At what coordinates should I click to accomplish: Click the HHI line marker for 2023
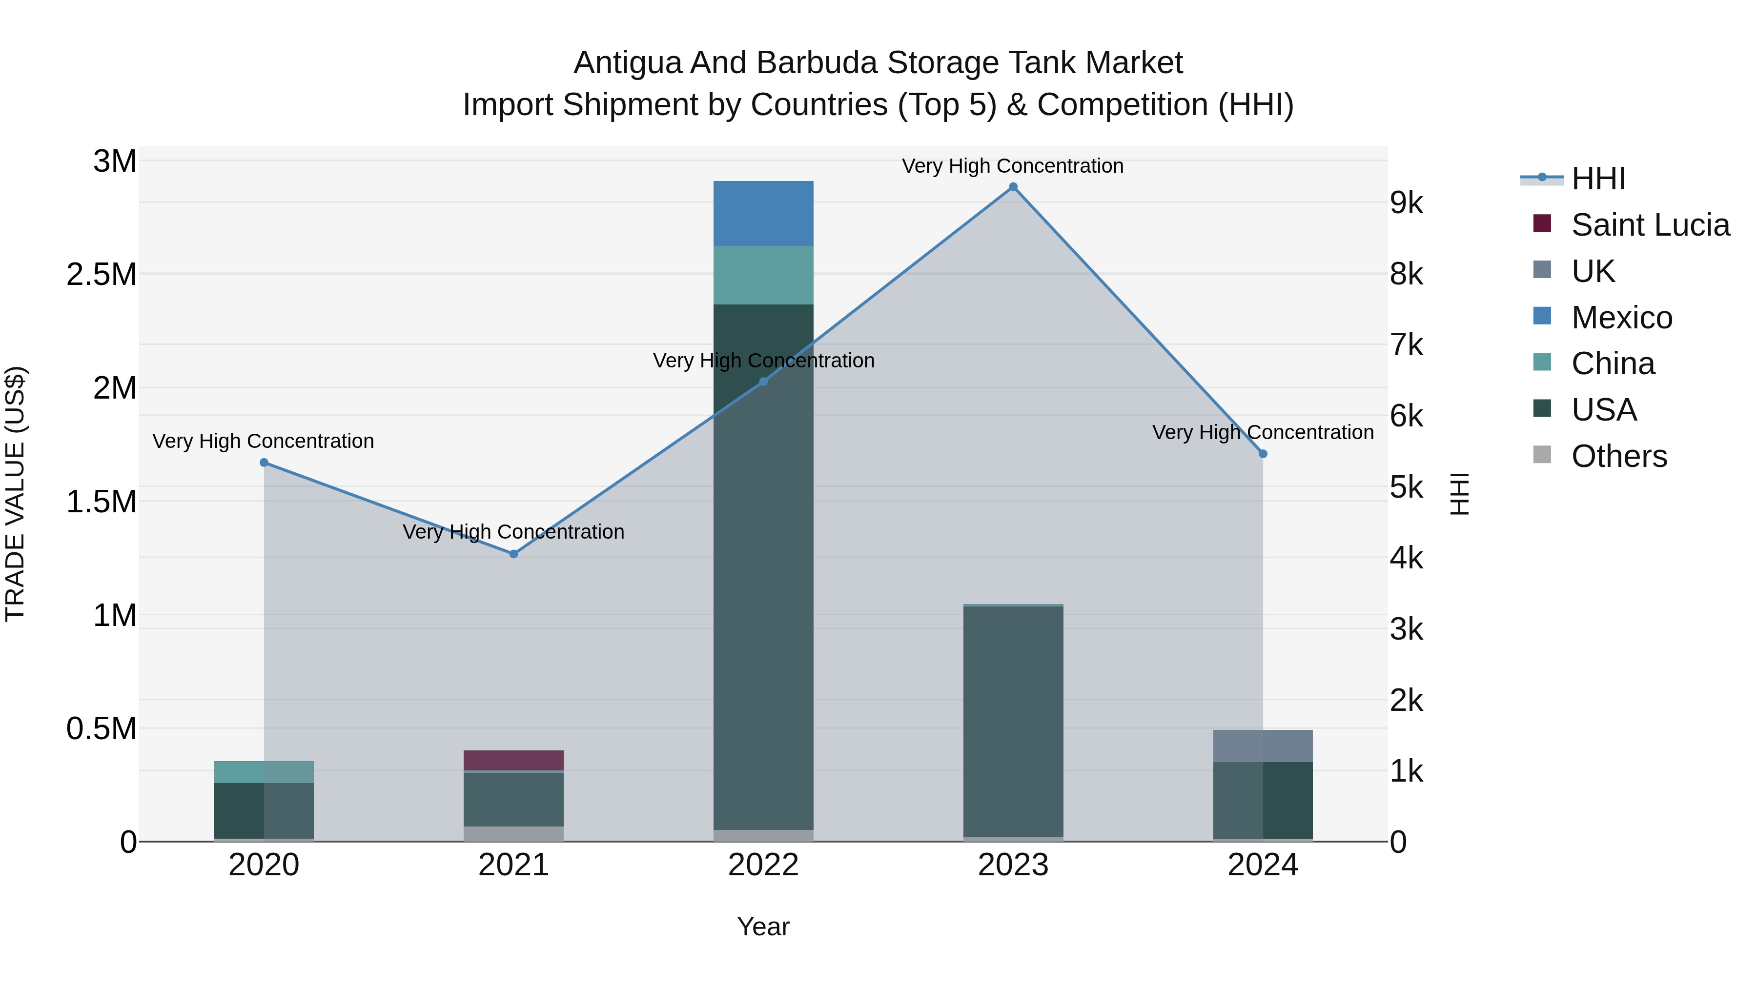coord(1013,187)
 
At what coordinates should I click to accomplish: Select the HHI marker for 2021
coord(513,554)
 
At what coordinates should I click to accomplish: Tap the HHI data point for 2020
coord(264,463)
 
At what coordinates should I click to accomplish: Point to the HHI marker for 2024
coord(1263,453)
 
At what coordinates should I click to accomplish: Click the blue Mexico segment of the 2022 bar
coord(763,213)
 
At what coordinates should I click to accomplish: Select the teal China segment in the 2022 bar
coord(763,275)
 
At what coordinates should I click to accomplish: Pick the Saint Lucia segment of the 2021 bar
coord(513,760)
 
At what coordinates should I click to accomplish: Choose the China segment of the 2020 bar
coord(264,772)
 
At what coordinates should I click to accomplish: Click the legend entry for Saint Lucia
coord(1650,225)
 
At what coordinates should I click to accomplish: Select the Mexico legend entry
coord(1621,318)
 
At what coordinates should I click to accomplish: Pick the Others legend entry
coord(1618,456)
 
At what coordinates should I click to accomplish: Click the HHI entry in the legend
coord(1598,179)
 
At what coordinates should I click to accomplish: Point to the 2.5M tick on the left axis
coord(101,274)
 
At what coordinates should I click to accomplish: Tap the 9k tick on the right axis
coord(1407,202)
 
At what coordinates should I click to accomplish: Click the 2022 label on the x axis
coord(763,865)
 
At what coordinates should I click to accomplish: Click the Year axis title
coord(763,927)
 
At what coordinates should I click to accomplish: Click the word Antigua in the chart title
coord(627,63)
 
